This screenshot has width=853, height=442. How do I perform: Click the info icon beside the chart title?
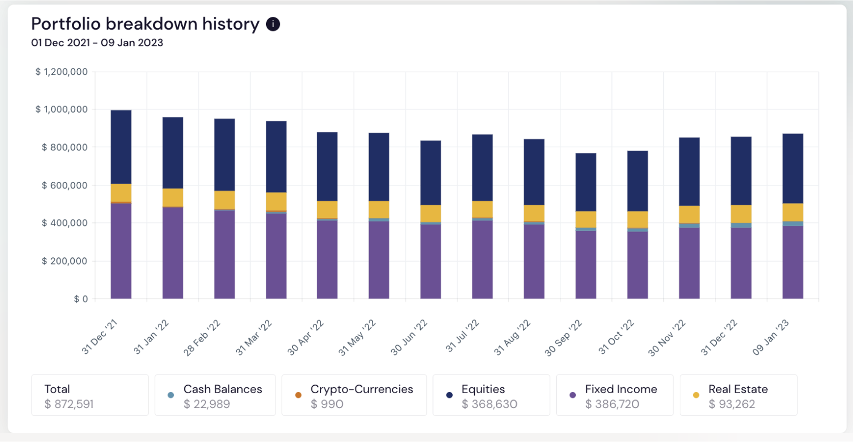coord(273,24)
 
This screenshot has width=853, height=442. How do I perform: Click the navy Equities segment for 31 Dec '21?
coord(121,147)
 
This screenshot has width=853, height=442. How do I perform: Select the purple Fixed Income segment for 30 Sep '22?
coord(586,264)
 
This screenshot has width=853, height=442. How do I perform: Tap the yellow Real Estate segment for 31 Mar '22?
coord(276,201)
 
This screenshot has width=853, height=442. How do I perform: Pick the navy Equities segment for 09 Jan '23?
coord(793,169)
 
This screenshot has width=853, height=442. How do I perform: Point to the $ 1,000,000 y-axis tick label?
coord(62,110)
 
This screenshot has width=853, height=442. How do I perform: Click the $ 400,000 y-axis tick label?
coord(65,223)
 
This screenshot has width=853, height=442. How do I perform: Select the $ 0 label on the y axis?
coord(81,299)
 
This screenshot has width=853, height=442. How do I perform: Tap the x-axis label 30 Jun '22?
coord(409,338)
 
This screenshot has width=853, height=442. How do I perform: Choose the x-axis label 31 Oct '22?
coord(616,337)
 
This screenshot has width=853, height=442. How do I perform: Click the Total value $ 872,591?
coord(69,404)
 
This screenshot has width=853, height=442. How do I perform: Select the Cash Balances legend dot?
coord(171,395)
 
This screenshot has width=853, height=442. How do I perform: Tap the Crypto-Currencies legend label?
coord(362,389)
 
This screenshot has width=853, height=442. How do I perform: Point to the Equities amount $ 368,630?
coord(489,404)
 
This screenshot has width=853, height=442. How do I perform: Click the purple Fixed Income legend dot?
coord(573,395)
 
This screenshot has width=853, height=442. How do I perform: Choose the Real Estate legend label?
coord(738,389)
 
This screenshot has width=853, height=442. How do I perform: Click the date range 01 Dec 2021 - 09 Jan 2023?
coord(97,43)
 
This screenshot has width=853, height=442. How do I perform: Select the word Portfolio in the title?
coord(66,24)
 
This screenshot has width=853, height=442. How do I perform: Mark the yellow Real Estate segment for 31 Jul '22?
coord(482,209)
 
